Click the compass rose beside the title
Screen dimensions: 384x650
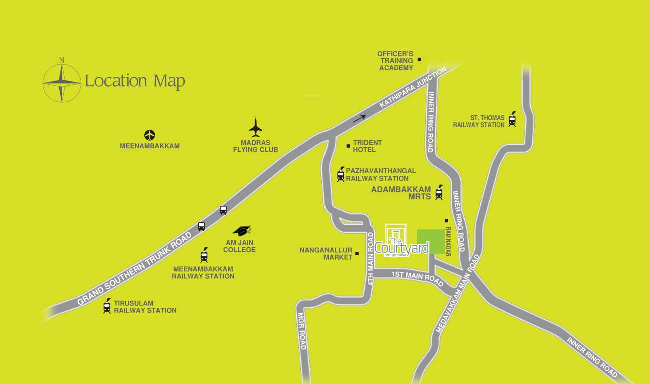pos(62,82)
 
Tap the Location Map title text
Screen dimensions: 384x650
pos(135,81)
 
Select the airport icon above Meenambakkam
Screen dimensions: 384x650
pos(149,135)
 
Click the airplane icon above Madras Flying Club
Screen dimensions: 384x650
pos(256,127)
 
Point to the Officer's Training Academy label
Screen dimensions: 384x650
pos(396,61)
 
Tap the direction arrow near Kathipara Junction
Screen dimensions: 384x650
pos(359,118)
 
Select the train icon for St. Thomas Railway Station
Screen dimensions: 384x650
pos(512,119)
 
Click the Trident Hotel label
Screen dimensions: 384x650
pos(367,146)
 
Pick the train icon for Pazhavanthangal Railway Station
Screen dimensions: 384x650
pos(341,174)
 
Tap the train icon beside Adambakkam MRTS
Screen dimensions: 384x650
pos(439,192)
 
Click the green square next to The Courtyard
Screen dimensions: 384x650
pos(430,242)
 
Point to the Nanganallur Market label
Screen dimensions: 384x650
pos(326,254)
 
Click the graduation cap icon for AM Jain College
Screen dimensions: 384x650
pos(242,230)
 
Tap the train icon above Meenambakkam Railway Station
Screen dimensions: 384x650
pos(204,255)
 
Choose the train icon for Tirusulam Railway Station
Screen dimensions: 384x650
pos(107,306)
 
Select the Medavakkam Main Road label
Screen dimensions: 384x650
pos(458,294)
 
